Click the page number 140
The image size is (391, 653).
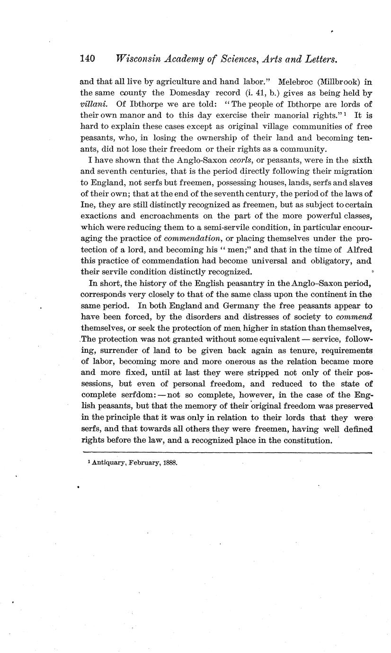[88, 59]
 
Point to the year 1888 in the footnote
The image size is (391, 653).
[169, 462]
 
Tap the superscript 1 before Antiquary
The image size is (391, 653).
[83, 461]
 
